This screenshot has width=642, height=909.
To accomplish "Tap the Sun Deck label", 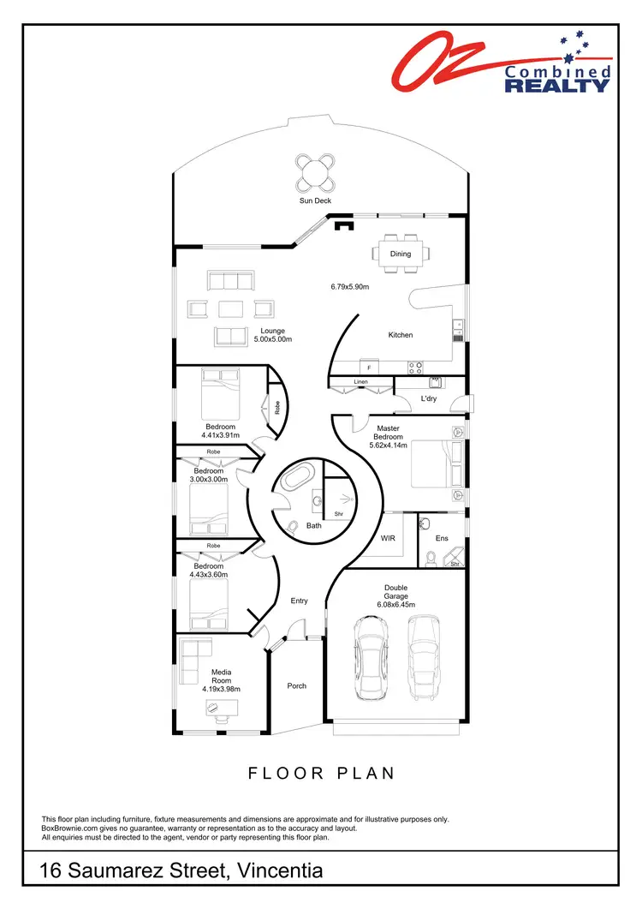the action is point(315,200).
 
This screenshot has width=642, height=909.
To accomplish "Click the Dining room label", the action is point(401,254).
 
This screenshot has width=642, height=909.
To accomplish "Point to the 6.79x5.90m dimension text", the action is point(349,286).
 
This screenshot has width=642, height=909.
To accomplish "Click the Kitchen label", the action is point(401,335).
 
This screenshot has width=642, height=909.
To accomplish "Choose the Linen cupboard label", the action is point(360,382).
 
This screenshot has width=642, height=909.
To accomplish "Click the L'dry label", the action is point(429,399).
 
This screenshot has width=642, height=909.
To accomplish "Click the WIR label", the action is point(388,538).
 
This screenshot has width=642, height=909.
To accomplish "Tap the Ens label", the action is point(442,538).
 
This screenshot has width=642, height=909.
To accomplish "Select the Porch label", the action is point(297,685).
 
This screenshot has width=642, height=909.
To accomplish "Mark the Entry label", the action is point(299,601).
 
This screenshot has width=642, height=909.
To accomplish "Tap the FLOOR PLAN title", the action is point(321,773).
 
